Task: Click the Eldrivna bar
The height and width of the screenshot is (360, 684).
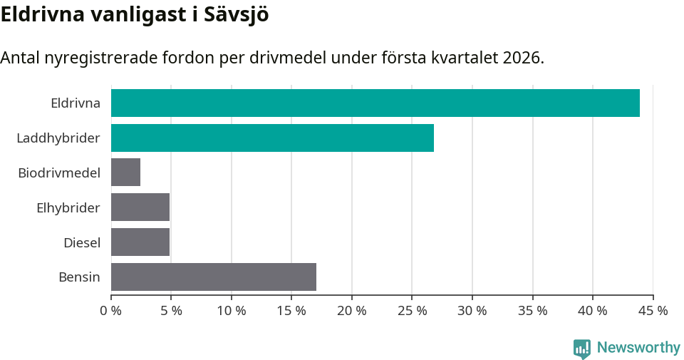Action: tap(375, 103)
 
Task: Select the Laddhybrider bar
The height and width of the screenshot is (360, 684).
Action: tap(272, 138)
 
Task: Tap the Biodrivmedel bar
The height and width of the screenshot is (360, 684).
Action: tap(125, 173)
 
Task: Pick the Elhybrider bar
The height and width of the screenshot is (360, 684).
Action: tap(140, 207)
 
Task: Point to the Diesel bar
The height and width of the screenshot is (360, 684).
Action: tap(140, 242)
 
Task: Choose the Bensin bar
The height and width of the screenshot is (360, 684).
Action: tap(214, 277)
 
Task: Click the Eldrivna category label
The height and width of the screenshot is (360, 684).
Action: tap(76, 103)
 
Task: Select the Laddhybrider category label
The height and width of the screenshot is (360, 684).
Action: tap(58, 138)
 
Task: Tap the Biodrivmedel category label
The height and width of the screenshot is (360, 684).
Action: tap(59, 173)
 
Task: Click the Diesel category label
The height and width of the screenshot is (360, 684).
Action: tap(82, 242)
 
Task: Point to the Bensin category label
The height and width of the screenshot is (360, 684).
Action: tap(79, 277)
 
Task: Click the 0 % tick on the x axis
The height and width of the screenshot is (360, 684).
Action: tap(111, 311)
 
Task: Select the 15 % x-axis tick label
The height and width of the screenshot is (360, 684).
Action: tap(291, 311)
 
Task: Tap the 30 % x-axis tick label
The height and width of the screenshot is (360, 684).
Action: tap(472, 311)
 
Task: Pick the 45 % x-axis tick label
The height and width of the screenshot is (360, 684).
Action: tap(653, 311)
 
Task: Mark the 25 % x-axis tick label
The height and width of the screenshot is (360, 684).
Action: tap(412, 311)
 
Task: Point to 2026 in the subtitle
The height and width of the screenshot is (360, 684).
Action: tap(522, 58)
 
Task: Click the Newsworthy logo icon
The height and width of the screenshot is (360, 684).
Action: tap(582, 348)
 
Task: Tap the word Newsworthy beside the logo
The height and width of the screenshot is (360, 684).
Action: tap(638, 347)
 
